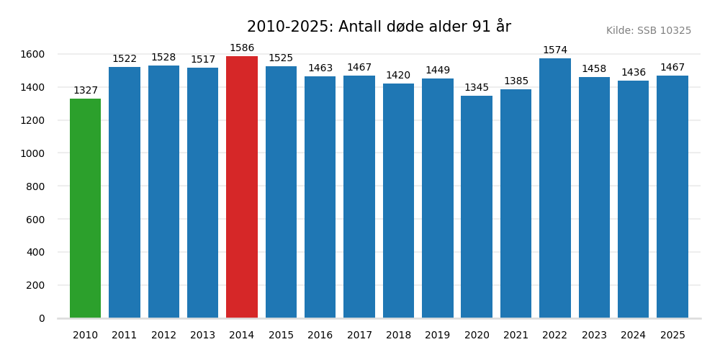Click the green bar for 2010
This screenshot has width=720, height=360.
[x=85, y=208]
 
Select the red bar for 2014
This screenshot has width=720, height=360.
[x=242, y=187]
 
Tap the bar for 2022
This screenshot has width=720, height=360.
[x=555, y=188]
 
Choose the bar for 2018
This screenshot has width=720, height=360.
[x=398, y=201]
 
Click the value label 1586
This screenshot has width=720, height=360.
[x=242, y=48]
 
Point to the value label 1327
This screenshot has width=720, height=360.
[x=85, y=91]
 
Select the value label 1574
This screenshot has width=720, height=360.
[x=555, y=50]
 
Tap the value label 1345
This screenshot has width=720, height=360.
[x=477, y=88]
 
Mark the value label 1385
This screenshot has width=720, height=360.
[x=516, y=81]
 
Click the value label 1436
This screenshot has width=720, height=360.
[x=634, y=73]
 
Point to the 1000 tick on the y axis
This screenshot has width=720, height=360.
[x=32, y=153]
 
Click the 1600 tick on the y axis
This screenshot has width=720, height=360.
[x=32, y=54]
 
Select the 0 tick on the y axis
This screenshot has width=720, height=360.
[x=42, y=318]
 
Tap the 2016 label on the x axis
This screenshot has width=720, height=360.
[x=320, y=336]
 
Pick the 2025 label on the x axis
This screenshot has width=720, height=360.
[x=672, y=336]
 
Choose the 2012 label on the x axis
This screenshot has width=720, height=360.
[x=163, y=336]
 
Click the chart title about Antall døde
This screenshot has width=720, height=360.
[x=379, y=27]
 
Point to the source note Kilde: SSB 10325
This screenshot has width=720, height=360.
[x=648, y=31]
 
